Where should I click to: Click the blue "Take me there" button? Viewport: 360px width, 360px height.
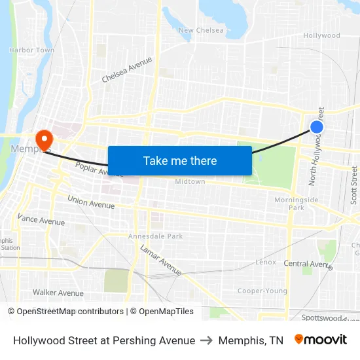pyautogui.click(x=179, y=160)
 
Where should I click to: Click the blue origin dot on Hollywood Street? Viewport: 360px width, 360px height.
pyautogui.click(x=317, y=127)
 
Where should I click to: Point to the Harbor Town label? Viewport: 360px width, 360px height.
pyautogui.click(x=31, y=50)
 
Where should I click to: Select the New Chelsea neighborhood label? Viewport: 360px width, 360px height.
pyautogui.click(x=201, y=30)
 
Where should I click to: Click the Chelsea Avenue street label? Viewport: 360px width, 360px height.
pyautogui.click(x=127, y=69)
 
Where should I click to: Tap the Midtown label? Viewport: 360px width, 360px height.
pyautogui.click(x=190, y=181)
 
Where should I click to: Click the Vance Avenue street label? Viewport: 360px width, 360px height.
pyautogui.click(x=41, y=219)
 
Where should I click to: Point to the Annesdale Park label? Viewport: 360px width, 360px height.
pyautogui.click(x=155, y=236)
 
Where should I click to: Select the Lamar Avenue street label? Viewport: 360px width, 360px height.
pyautogui.click(x=161, y=259)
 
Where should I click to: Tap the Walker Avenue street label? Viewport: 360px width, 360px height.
pyautogui.click(x=58, y=293)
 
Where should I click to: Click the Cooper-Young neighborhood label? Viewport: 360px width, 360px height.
pyautogui.click(x=262, y=291)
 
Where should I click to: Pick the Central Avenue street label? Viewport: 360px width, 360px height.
pyautogui.click(x=308, y=264)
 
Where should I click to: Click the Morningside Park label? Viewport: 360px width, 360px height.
pyautogui.click(x=296, y=204)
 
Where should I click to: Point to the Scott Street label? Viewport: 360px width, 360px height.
pyautogui.click(x=354, y=185)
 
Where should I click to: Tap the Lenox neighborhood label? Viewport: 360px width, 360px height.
pyautogui.click(x=266, y=262)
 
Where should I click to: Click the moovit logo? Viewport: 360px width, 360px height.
pyautogui.click(x=321, y=340)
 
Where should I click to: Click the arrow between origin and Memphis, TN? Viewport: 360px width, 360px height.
pyautogui.click(x=207, y=340)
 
